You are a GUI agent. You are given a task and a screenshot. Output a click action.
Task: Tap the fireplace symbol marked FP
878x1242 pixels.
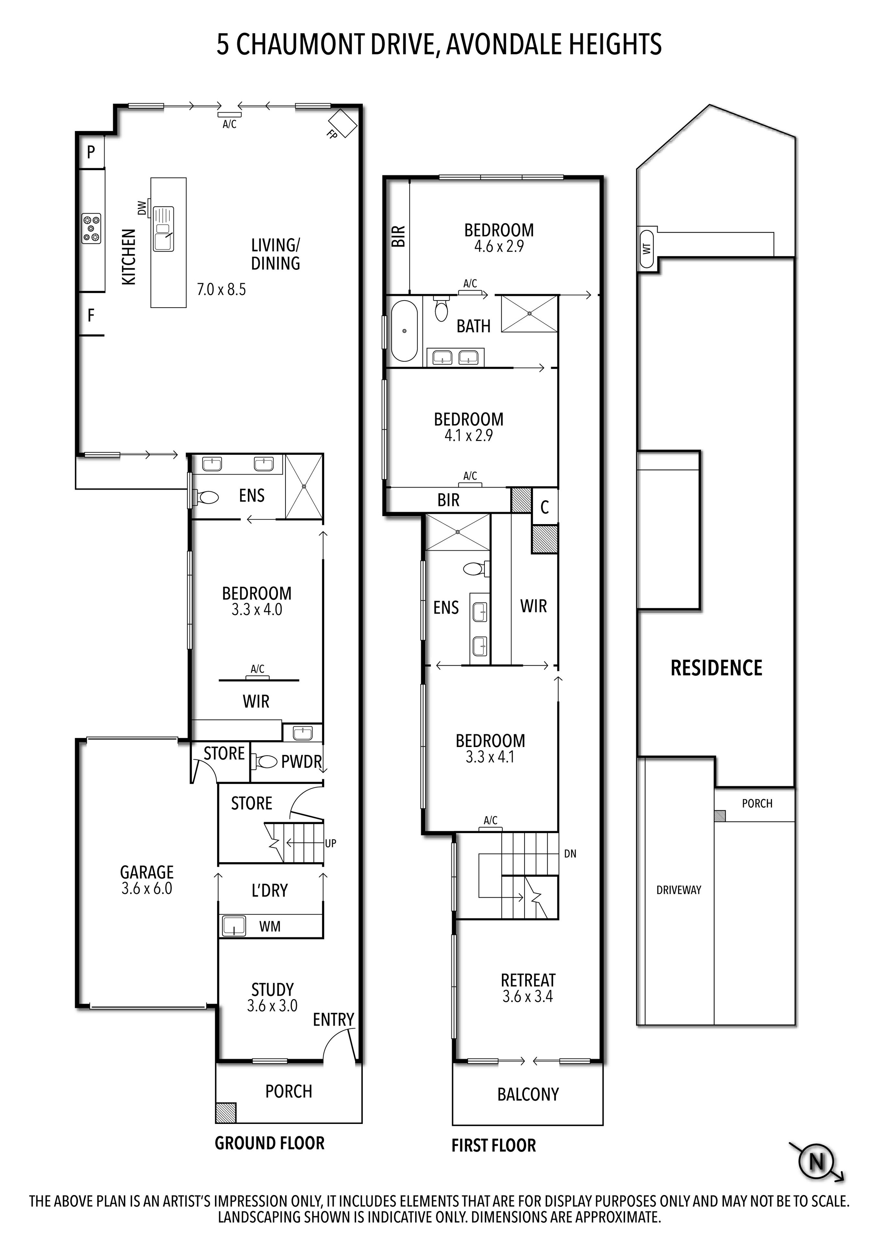pos(342,123)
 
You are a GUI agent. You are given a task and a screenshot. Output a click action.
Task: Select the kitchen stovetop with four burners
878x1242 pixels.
pos(91,228)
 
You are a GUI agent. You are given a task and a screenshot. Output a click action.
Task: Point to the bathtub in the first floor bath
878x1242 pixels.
pos(404,331)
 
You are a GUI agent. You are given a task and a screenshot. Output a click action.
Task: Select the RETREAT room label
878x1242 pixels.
pos(528,980)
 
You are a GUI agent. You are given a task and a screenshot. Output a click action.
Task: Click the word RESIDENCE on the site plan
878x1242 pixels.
pos(716,668)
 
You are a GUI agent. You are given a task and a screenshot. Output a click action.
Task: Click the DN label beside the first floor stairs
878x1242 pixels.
pos(570,853)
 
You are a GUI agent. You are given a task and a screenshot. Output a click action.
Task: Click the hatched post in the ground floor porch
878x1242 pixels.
pos(226,1113)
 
